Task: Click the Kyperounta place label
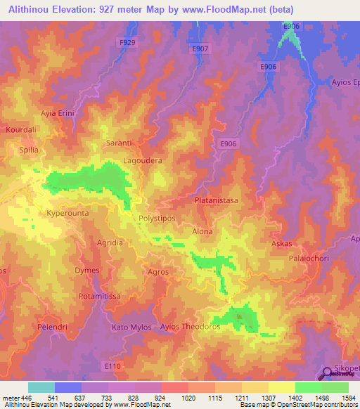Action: [51, 212]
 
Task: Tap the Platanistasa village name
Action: [216, 200]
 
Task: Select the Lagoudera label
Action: [143, 161]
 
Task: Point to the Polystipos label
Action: [157, 219]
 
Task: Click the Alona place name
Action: [202, 231]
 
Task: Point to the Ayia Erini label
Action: [58, 113]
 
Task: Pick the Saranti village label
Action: [119, 143]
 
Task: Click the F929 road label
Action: [127, 42]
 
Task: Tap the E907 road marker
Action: [200, 48]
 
